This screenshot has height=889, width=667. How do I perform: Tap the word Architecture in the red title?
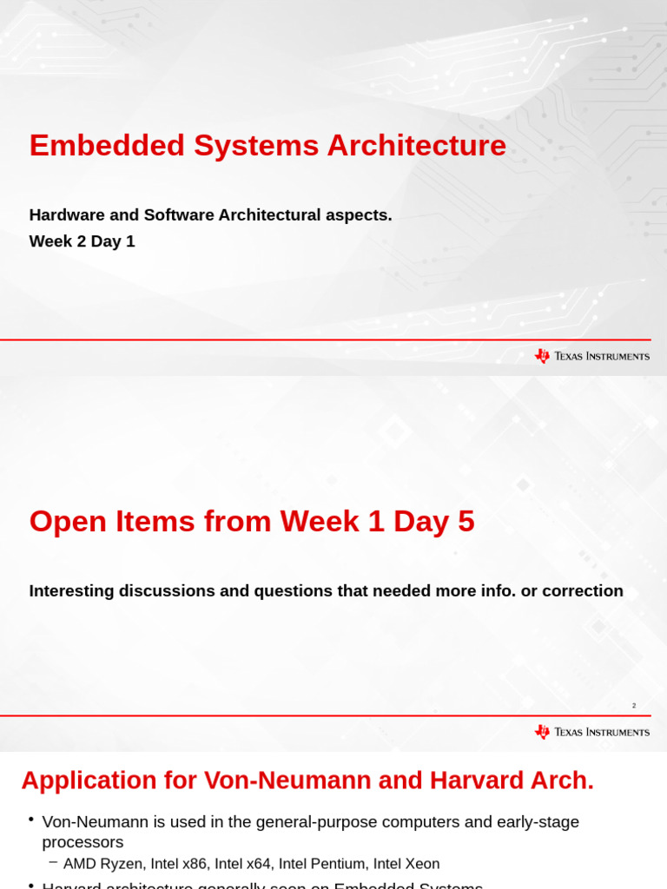click(x=416, y=145)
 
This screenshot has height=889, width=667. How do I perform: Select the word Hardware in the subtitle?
click(x=66, y=215)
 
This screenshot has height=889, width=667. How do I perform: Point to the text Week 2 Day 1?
click(x=82, y=241)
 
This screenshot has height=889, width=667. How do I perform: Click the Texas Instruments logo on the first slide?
click(x=591, y=356)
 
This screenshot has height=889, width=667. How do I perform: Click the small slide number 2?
click(x=634, y=706)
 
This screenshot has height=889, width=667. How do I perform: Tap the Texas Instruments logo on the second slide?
click(x=591, y=732)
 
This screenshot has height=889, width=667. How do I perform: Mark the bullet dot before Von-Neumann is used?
click(x=30, y=820)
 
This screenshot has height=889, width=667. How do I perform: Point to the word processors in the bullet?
click(x=83, y=842)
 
